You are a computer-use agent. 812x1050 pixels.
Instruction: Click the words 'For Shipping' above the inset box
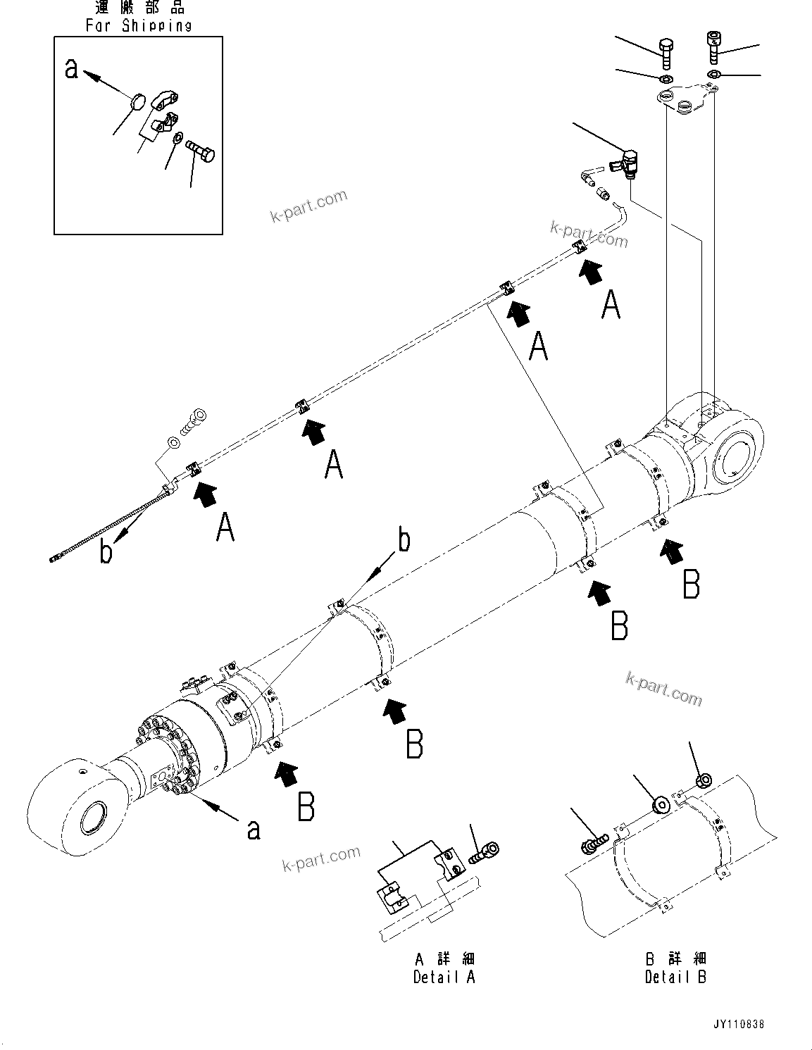coord(139,26)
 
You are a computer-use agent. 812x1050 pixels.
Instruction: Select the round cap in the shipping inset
coord(140,102)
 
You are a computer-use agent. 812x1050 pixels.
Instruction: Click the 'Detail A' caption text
coord(444,977)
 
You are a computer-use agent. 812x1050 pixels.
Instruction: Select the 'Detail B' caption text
coord(675,977)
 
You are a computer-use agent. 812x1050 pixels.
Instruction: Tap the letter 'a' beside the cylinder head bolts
coord(254,829)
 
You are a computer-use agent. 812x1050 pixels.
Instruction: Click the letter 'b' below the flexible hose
coord(106,551)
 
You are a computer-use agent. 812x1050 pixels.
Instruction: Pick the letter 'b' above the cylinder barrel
coord(404,541)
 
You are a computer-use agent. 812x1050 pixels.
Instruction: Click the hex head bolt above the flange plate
coord(667,49)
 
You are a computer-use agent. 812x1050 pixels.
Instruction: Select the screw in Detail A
coord(484,852)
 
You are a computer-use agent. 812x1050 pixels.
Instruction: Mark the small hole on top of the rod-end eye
coord(83,771)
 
